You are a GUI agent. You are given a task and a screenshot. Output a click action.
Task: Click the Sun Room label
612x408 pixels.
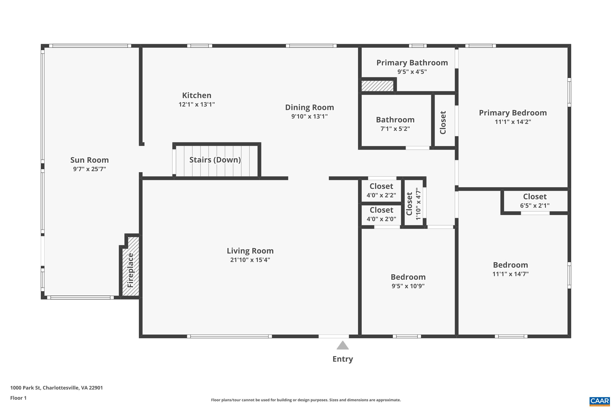point(89,160)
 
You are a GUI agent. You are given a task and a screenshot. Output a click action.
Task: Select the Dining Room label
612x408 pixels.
point(309,108)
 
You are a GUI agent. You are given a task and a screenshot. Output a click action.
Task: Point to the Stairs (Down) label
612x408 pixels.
point(215,160)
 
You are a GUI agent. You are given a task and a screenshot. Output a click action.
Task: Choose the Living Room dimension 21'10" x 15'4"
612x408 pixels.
point(250,260)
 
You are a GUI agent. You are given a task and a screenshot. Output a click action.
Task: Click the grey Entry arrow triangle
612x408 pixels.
point(343,346)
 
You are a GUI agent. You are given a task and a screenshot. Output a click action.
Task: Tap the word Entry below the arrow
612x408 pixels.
point(343,359)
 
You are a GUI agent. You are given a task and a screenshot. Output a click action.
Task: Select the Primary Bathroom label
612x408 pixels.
point(412,63)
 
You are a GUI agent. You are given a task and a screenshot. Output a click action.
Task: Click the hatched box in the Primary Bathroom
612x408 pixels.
point(377,86)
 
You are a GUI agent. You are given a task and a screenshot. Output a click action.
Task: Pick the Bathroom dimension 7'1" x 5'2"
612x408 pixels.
point(395,129)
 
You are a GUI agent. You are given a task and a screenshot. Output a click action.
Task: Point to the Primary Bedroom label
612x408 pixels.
point(513,113)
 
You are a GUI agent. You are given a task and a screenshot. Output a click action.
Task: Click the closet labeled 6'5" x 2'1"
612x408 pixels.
point(535,201)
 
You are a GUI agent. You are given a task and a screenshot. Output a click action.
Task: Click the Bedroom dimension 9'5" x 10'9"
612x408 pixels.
point(408,286)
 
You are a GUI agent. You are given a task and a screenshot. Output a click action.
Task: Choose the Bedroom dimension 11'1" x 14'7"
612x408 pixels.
point(510,274)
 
